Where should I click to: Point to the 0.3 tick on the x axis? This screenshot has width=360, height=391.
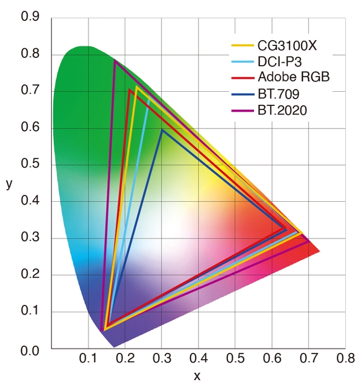[162, 359]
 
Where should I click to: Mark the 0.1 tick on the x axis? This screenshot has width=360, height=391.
[88, 359]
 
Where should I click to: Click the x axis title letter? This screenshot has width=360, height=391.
[197, 376]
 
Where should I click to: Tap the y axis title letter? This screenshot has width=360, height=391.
[9, 184]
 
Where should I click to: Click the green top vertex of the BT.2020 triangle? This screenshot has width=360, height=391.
[115, 61]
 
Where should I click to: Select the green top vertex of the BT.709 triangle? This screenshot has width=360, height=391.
[162, 130]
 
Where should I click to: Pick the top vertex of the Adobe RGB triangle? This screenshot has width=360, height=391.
[130, 90]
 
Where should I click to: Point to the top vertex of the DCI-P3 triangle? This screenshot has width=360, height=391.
[149, 98]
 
